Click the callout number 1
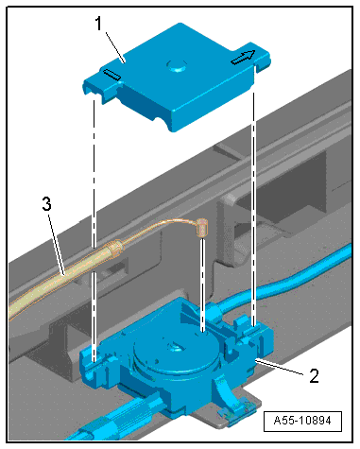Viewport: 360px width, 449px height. click(x=99, y=24)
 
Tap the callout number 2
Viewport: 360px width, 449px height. click(x=314, y=375)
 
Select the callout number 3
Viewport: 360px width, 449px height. click(x=46, y=204)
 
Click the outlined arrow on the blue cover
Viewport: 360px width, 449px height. click(x=243, y=57)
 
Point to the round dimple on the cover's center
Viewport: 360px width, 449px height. click(x=177, y=65)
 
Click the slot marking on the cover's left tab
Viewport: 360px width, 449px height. click(x=111, y=75)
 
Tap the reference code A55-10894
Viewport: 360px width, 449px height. click(x=302, y=421)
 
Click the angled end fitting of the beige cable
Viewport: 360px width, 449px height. click(x=200, y=228)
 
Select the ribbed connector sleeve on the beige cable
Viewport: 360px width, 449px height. click(x=114, y=248)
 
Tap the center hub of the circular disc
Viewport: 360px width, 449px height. click(x=174, y=348)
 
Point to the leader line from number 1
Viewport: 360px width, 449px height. click(x=114, y=47)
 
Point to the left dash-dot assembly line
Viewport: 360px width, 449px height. click(x=94, y=230)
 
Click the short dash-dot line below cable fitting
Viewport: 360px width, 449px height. click(x=202, y=285)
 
